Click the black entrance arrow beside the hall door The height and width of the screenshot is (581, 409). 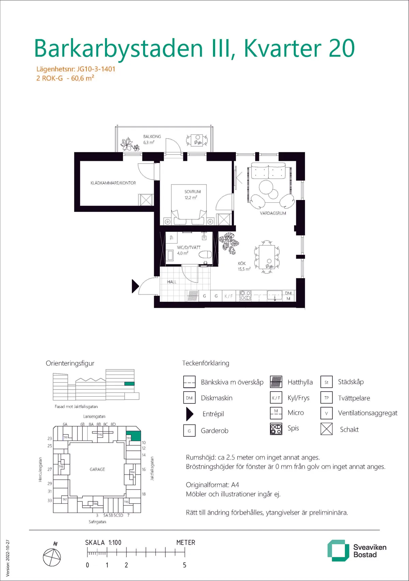tap(135, 286)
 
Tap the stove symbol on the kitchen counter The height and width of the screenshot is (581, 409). tap(245, 296)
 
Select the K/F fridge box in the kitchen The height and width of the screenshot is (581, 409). tap(229, 296)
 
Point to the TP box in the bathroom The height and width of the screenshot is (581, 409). tap(171, 237)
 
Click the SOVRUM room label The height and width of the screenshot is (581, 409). tap(193, 192)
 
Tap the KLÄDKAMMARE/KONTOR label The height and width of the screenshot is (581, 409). tap(113, 183)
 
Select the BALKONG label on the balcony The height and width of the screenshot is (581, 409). tap(152, 136)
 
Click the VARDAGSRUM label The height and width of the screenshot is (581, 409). tap(273, 213)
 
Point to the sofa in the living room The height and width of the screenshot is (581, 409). tap(268, 170)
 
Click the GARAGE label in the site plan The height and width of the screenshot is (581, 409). tap(97, 469)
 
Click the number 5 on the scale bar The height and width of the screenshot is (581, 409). tap(184, 565)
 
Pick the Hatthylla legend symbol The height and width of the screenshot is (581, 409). tap(276, 382)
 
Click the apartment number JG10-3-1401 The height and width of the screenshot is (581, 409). tap(96, 69)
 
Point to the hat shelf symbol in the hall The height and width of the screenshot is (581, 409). tap(193, 296)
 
